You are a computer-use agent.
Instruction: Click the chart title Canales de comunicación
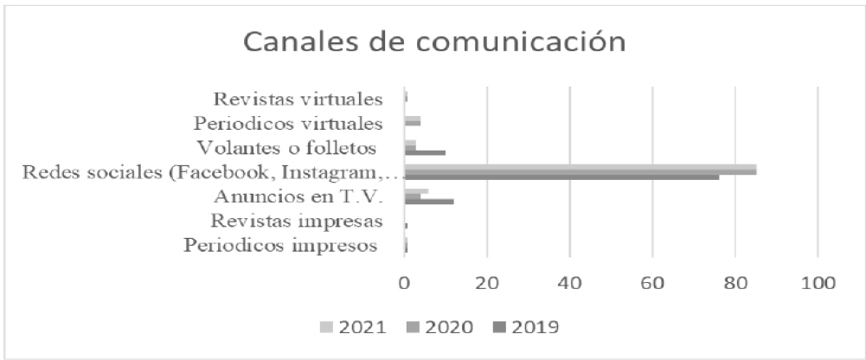click(433, 41)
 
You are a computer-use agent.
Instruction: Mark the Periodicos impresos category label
click(282, 246)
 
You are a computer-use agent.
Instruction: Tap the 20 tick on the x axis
click(487, 282)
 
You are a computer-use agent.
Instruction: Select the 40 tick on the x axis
click(569, 282)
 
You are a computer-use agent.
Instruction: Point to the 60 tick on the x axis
click(652, 282)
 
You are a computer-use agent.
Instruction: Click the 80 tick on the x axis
click(734, 282)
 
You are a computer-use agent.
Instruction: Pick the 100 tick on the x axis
click(818, 282)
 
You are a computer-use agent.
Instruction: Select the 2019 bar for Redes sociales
click(561, 177)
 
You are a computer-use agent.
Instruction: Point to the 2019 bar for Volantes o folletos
click(425, 152)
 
